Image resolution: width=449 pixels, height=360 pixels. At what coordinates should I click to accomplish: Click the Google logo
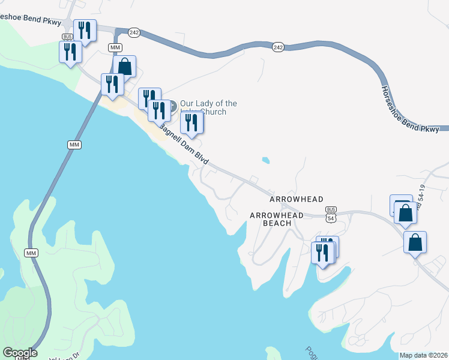[20, 353]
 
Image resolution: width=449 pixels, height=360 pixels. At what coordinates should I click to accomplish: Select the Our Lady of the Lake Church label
[208, 107]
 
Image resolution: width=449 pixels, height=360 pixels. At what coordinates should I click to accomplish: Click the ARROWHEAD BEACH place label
[270, 219]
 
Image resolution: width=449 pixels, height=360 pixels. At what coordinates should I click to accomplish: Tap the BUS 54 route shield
[331, 215]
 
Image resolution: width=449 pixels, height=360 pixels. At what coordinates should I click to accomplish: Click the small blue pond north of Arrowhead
[265, 161]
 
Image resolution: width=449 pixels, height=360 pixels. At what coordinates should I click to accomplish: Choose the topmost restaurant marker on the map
[85, 30]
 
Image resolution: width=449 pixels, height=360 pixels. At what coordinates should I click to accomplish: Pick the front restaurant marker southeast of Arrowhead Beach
[322, 252]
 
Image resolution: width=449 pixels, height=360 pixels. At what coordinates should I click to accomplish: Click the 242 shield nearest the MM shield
[134, 32]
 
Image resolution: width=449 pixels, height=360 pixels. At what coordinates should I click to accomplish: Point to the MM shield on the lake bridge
[74, 145]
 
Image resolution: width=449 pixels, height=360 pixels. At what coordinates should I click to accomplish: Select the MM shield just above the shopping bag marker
[115, 47]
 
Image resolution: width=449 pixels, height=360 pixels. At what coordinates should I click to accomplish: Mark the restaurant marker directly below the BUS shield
[70, 52]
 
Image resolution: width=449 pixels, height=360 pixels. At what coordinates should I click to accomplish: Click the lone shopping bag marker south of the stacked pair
[415, 242]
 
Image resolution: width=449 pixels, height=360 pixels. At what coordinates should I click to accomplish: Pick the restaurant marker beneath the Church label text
[192, 122]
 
